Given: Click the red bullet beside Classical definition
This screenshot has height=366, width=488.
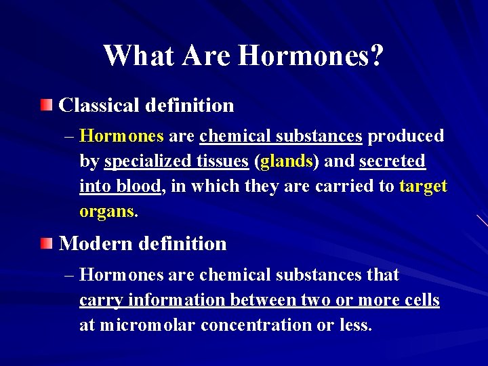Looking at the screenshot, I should [x=45, y=105].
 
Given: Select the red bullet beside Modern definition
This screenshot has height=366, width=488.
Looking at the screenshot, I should [x=45, y=243].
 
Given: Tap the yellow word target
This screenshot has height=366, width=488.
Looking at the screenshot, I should [x=424, y=186].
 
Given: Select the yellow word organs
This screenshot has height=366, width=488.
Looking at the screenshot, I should [x=107, y=211].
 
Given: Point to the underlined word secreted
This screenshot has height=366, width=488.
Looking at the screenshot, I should [x=392, y=161].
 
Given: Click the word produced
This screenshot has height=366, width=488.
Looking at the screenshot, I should [x=406, y=136].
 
